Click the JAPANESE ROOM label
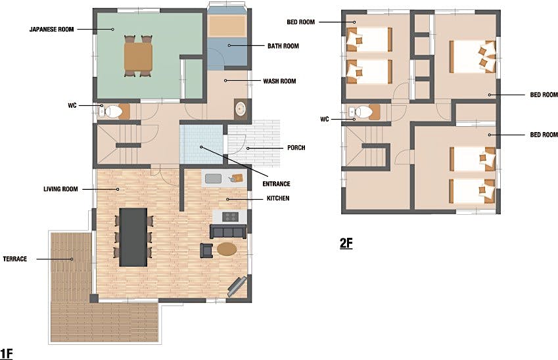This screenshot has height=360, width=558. (x=52, y=29)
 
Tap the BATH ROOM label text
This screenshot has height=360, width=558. (x=283, y=46)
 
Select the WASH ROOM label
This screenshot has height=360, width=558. (x=279, y=81)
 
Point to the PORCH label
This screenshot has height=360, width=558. (x=296, y=148)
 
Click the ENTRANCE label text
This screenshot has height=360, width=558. (x=276, y=184)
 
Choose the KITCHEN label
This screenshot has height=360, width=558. (x=278, y=198)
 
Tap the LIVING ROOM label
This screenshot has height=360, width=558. (x=60, y=189)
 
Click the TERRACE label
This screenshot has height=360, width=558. (x=15, y=259)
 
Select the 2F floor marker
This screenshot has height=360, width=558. (x=346, y=243)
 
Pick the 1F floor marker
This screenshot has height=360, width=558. (x=7, y=354)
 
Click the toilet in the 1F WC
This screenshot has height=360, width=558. (x=114, y=112)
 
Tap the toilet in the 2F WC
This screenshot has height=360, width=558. (x=363, y=112)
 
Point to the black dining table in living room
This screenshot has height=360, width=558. (x=133, y=237)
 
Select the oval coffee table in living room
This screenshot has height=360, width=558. (x=227, y=249)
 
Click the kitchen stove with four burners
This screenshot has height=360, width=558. (x=230, y=217)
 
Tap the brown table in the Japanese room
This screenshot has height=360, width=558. (x=139, y=56)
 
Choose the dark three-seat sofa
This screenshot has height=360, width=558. (x=228, y=232)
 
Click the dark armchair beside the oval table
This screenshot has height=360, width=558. (x=207, y=250)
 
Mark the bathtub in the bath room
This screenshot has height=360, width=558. (x=227, y=26)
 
